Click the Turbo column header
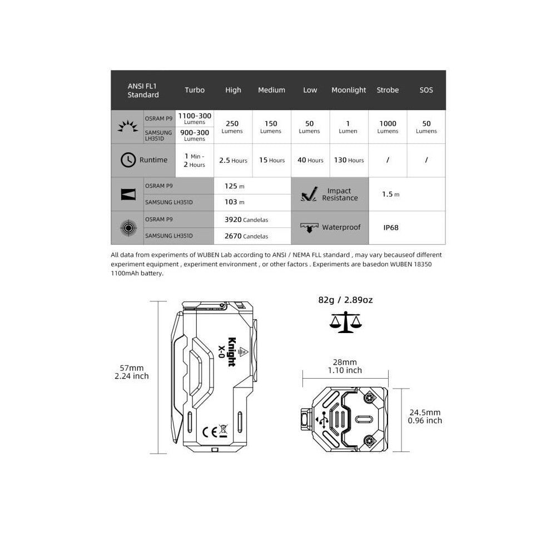195,90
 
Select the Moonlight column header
349,90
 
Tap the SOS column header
426,90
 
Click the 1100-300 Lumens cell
195,118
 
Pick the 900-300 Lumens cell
195,135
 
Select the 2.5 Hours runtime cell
233,160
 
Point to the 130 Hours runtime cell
349,160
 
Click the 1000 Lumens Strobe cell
388,127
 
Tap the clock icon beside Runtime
128,160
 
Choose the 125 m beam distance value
234,186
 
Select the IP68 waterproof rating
391,227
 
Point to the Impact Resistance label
340,194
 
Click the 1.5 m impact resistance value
390,194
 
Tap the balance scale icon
345,322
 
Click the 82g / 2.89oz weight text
345,300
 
